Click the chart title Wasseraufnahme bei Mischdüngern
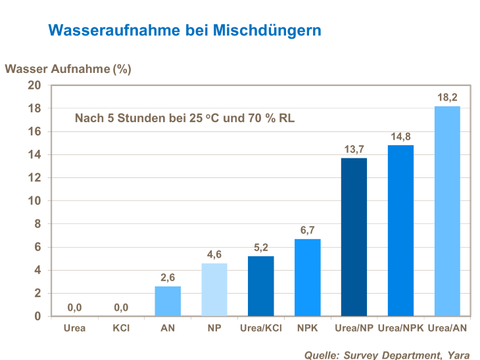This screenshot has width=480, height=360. (185, 30)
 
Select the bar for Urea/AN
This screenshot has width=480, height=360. (447, 211)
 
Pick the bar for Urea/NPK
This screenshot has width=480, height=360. (400, 231)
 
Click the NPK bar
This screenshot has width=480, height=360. (307, 277)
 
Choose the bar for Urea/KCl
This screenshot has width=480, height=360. (260, 286)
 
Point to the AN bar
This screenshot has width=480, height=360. (168, 301)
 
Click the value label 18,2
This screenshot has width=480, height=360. (447, 97)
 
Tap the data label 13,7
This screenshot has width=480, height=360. (354, 149)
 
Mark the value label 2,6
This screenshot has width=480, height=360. (168, 277)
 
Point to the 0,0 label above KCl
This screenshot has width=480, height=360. (121, 307)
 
